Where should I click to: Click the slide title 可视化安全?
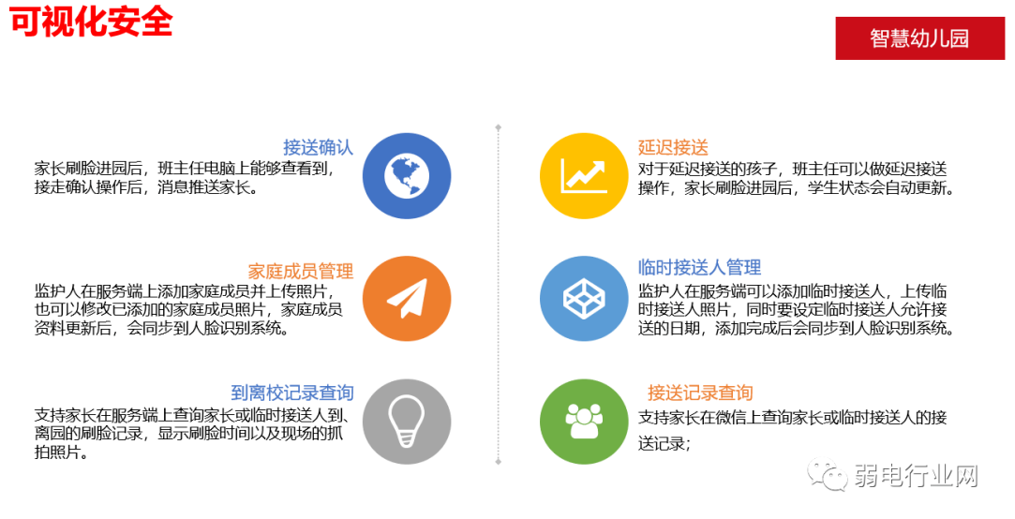click(x=92, y=21)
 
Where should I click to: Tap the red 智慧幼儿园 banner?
click(x=918, y=38)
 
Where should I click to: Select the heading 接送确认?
click(x=318, y=147)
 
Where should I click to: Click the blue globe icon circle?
click(x=406, y=175)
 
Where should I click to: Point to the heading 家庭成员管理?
click(x=300, y=271)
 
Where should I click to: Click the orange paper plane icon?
click(x=406, y=298)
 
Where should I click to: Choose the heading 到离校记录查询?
click(x=291, y=393)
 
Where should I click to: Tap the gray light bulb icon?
click(x=406, y=421)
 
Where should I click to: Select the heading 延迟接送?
click(x=673, y=147)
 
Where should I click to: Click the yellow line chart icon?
click(x=583, y=175)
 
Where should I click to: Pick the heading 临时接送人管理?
click(x=699, y=267)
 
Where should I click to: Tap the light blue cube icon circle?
click(x=583, y=298)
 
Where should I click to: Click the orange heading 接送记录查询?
click(x=700, y=393)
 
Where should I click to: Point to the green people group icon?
click(x=583, y=421)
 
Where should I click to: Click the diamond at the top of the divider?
click(x=498, y=126)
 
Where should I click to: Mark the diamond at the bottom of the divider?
click(x=498, y=462)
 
